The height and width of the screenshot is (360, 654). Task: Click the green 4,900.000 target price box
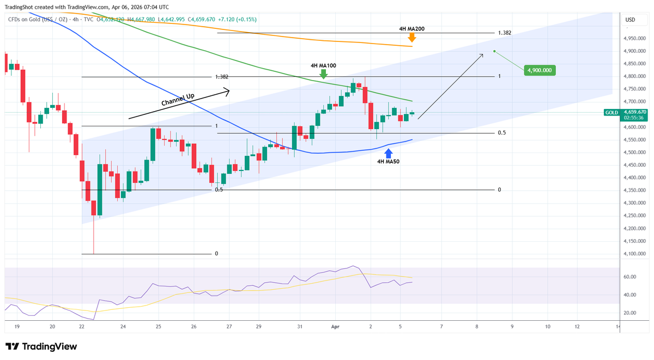pos(540,70)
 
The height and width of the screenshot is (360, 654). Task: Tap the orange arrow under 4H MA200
pos(412,38)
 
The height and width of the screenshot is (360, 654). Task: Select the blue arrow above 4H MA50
pos(388,153)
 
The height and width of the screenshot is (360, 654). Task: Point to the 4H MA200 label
pos(411,28)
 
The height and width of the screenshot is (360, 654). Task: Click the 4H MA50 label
pos(388,162)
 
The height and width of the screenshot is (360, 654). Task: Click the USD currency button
pos(630,20)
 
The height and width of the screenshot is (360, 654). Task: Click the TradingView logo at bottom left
pos(41,346)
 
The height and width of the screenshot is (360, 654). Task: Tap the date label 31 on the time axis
pos(300,327)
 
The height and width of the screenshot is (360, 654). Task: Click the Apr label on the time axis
pos(336,327)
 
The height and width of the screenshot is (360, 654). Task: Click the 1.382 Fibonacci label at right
pos(504,33)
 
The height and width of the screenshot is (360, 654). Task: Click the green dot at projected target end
pos(494,51)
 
